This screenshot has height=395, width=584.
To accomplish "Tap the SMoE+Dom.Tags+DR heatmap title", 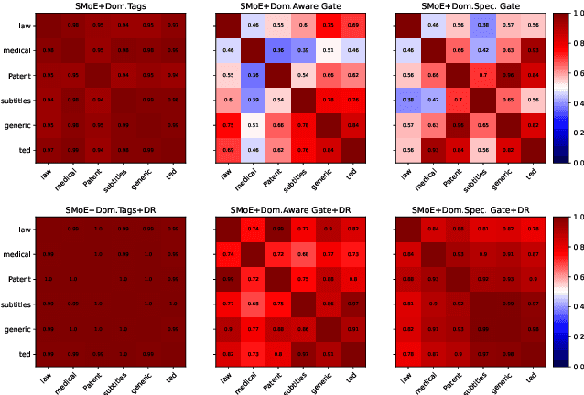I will pyautogui.click(x=103, y=208).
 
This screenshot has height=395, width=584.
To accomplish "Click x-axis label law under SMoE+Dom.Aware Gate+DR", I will pyautogui.click(x=223, y=376).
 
